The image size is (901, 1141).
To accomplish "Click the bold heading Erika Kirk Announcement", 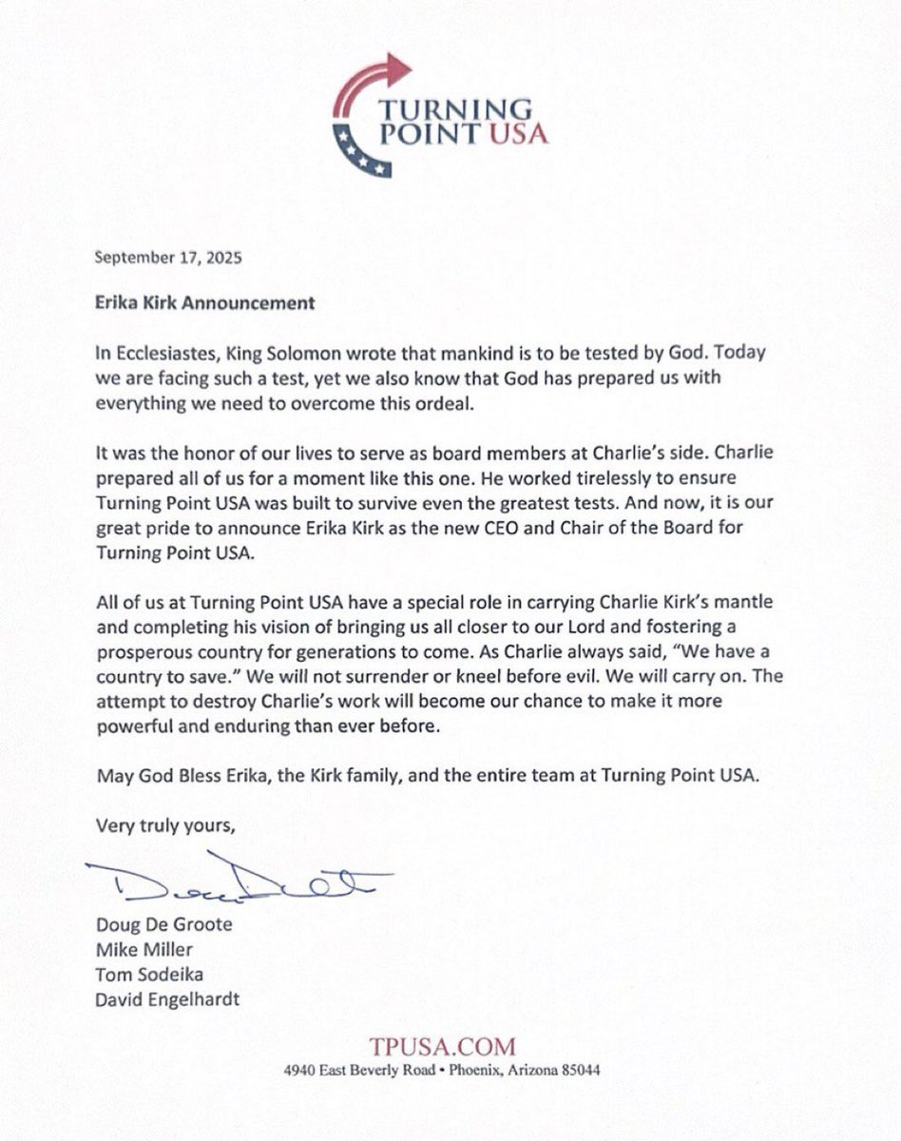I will point(205,304).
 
